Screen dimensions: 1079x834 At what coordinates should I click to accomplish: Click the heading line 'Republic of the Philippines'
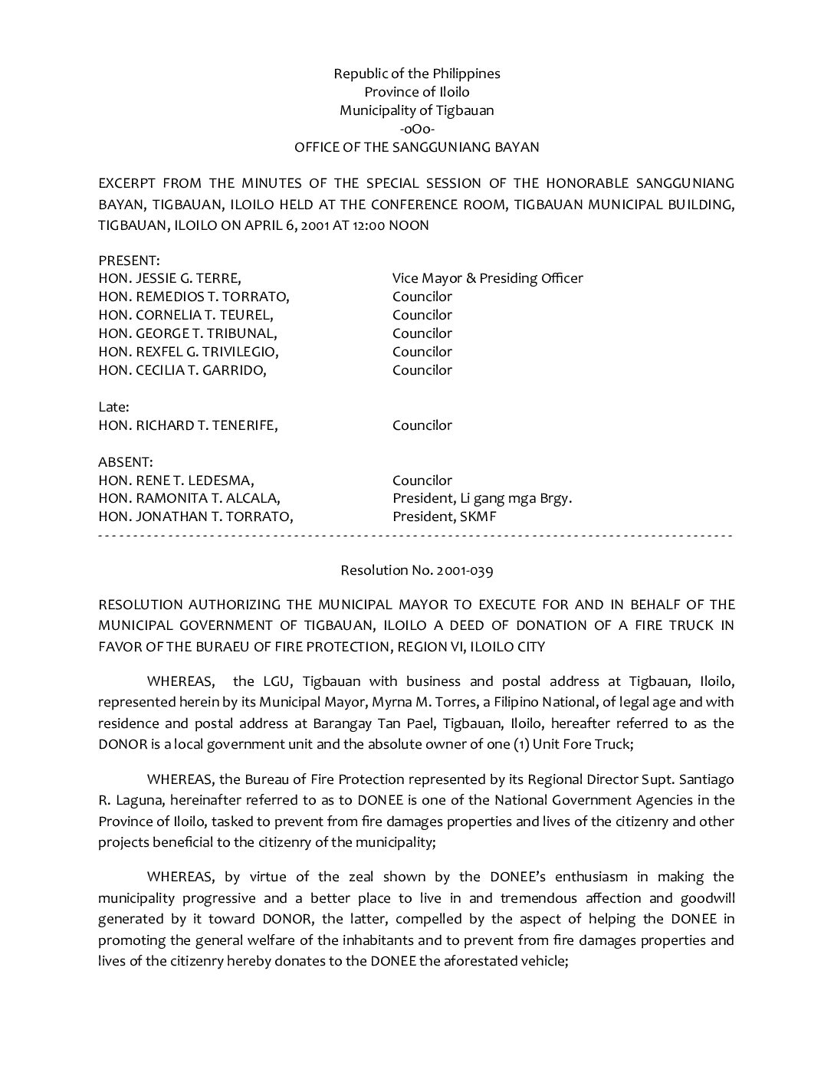[416, 74]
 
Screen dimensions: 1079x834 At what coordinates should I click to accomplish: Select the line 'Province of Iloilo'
[416, 92]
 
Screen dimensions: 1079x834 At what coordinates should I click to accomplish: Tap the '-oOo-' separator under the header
[417, 129]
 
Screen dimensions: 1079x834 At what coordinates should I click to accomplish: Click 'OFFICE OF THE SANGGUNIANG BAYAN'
[416, 147]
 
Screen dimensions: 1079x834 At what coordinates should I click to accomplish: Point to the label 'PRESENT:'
[129, 261]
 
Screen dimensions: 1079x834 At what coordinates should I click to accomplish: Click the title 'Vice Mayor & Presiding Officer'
[488, 278]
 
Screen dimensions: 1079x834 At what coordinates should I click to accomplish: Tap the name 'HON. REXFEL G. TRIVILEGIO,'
[189, 352]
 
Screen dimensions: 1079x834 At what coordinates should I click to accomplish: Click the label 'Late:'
[113, 407]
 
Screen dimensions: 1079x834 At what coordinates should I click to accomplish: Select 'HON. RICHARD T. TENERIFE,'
[188, 425]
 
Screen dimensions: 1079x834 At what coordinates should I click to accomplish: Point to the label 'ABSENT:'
[126, 462]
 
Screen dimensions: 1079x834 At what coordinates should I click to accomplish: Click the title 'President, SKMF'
[445, 517]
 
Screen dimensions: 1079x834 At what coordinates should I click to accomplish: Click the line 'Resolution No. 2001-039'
[416, 570]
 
